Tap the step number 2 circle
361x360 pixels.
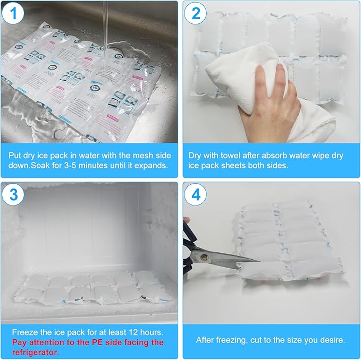pyautogui.click(x=196, y=14)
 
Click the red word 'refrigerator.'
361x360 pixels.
pyautogui.click(x=32, y=351)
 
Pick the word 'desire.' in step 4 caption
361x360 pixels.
pyautogui.click(x=332, y=339)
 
